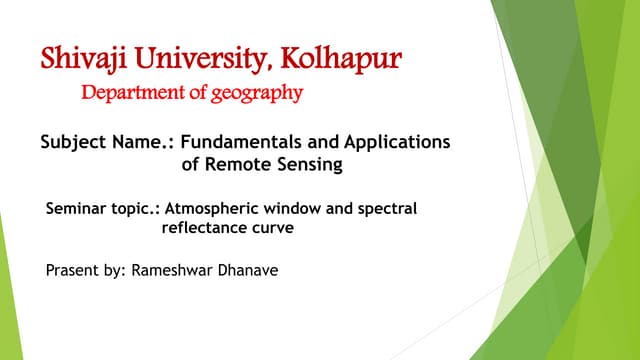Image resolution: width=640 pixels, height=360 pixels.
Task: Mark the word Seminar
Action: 76,211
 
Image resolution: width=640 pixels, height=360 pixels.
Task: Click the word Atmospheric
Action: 210,211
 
